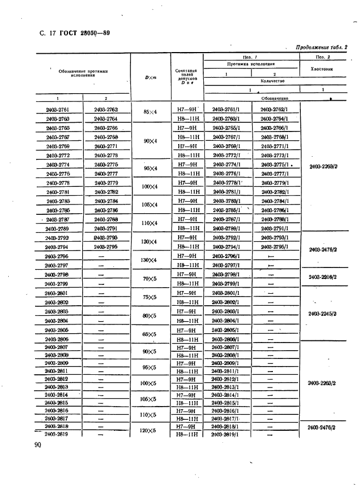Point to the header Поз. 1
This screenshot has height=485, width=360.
point(252,57)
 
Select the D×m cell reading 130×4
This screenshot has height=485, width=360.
point(150,260)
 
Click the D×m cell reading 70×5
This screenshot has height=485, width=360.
point(150,278)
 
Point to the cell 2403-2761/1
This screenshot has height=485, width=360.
point(227,109)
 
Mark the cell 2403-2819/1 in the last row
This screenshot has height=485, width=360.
point(227,435)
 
